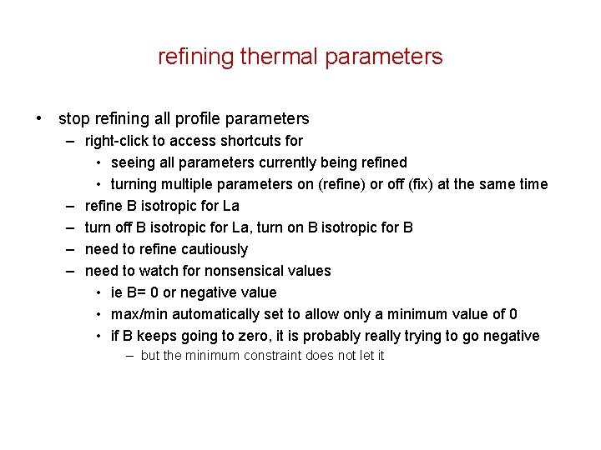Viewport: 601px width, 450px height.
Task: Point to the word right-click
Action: (114, 141)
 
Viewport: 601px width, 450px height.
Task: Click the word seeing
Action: (133, 162)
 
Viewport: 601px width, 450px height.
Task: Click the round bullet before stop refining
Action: (40, 119)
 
